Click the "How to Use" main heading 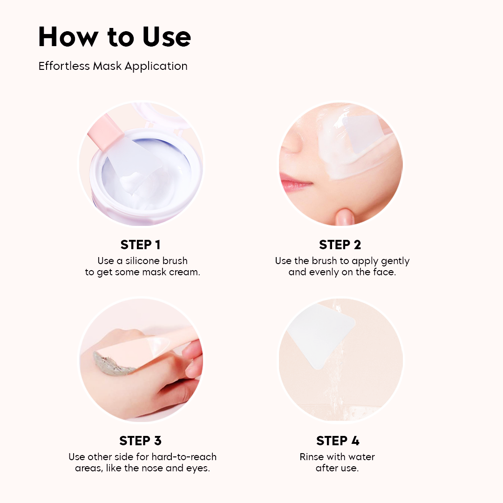[x=115, y=37]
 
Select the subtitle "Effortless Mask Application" [x=113, y=66]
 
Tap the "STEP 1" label [x=140, y=245]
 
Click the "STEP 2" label [x=340, y=245]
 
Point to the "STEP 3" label [x=140, y=441]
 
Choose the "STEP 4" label [x=338, y=441]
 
